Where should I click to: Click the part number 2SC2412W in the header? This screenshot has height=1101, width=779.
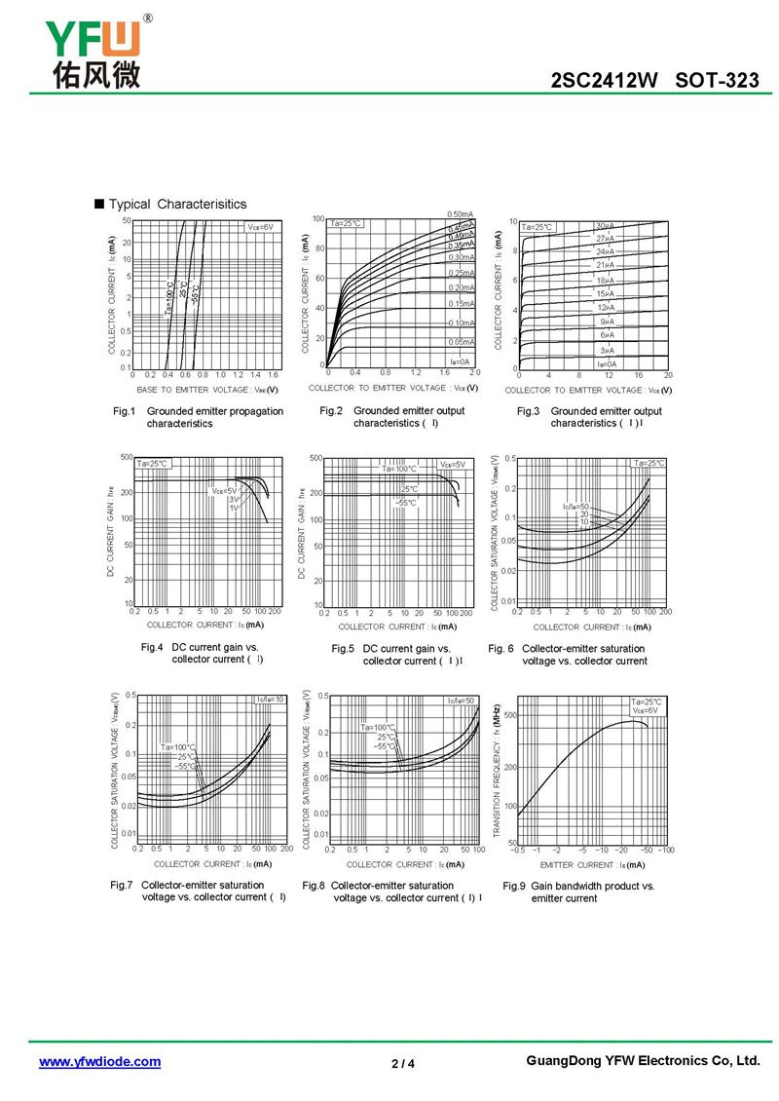[x=605, y=81]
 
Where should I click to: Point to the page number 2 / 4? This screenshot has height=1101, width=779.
[x=402, y=1063]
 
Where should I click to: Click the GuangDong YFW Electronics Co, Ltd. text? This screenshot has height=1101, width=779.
[x=642, y=1061]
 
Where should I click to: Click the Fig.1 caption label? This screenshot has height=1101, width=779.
[x=125, y=411]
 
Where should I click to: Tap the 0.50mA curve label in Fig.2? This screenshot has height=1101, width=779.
[x=460, y=214]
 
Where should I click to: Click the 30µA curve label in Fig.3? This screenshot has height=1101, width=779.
[x=605, y=226]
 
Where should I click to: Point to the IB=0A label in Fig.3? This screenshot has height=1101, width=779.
[x=607, y=363]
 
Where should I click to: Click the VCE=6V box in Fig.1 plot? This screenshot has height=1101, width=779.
[x=261, y=227]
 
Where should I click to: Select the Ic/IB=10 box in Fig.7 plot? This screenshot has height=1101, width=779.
[x=270, y=699]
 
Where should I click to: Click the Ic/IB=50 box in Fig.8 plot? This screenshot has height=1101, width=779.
[x=462, y=701]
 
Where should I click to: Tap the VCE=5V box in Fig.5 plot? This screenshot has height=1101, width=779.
[x=453, y=464]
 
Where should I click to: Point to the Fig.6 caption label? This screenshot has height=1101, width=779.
[x=501, y=648]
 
